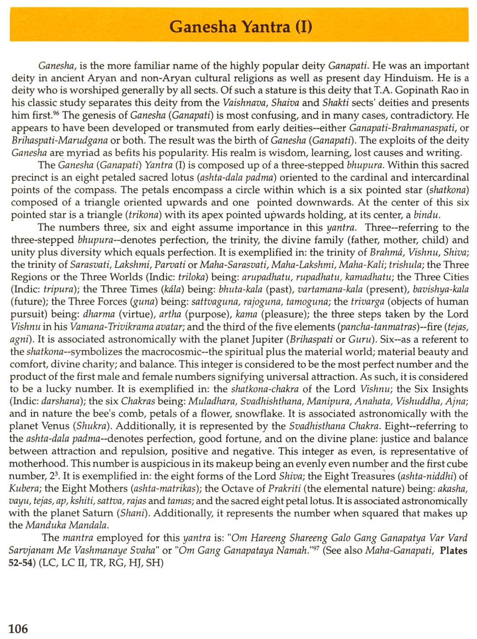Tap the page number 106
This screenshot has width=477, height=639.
(18, 629)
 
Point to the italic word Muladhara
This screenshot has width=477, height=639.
(212, 402)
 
